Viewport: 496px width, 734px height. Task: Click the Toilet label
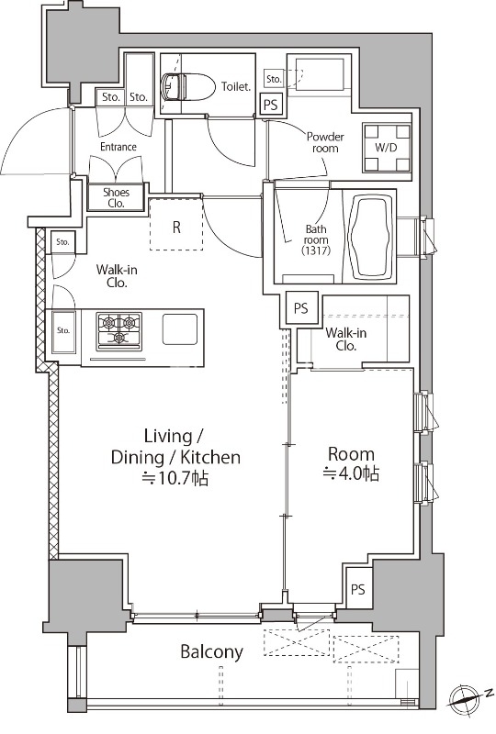[x=236, y=86]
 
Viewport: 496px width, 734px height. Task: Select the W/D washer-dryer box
[x=387, y=148]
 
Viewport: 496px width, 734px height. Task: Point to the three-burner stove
[x=119, y=331]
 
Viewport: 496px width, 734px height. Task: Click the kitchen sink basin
[x=180, y=329]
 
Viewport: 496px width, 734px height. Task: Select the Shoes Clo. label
[x=117, y=198]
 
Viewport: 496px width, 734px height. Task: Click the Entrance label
[x=118, y=147]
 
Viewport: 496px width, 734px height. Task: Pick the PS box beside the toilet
[x=271, y=104]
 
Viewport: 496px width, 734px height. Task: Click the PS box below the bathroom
[x=301, y=308]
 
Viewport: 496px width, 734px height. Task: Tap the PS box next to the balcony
[x=358, y=589]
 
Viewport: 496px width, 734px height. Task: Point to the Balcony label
[x=212, y=651]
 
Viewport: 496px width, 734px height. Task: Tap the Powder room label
[x=325, y=142]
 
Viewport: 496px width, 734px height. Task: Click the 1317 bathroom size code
[x=317, y=250]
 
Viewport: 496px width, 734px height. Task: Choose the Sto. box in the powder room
[x=274, y=79]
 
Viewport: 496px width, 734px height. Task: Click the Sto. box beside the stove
[x=63, y=331]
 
